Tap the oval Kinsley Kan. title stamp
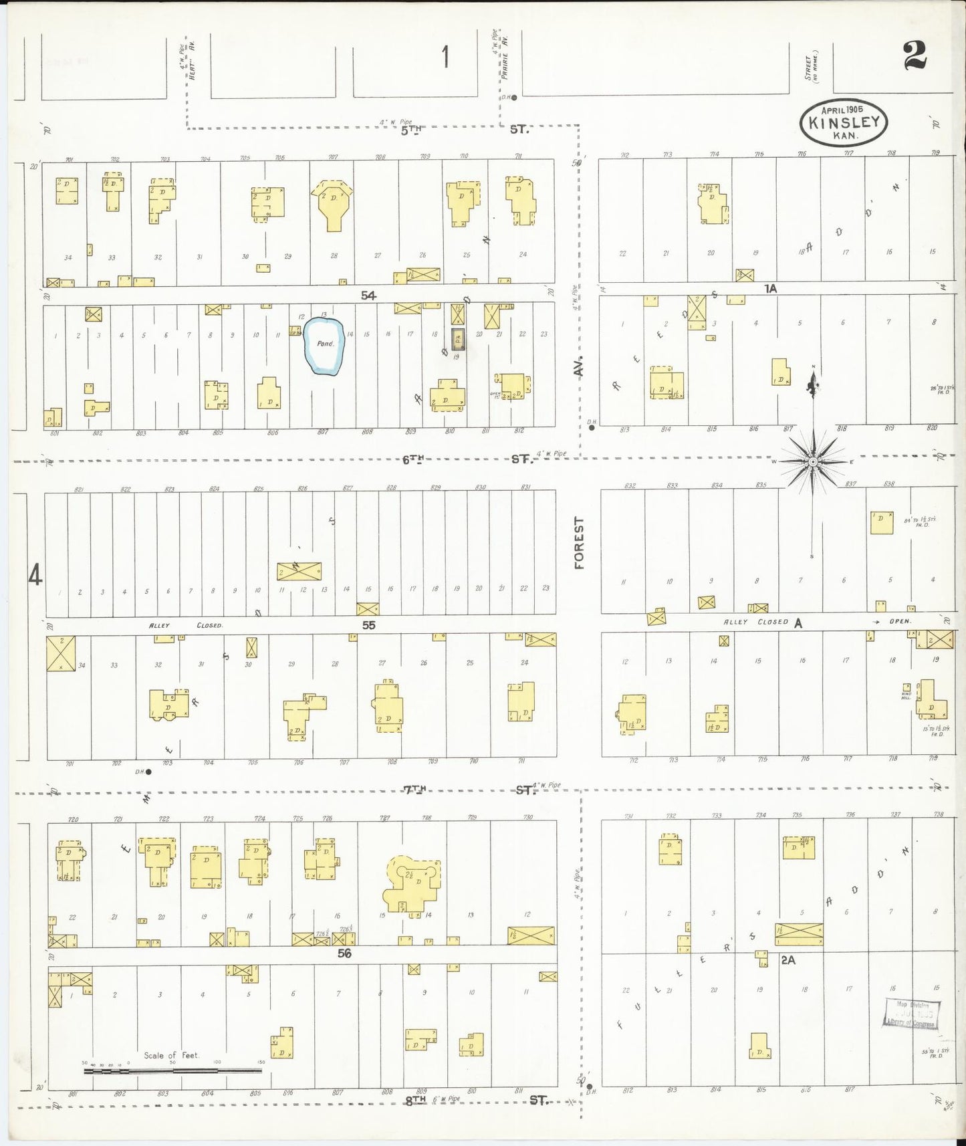coord(844,123)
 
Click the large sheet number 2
coord(915,55)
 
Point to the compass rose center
coord(812,461)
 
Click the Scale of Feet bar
coord(172,1070)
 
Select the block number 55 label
coord(368,625)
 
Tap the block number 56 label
coord(344,953)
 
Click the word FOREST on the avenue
coord(579,542)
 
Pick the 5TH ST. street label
coord(461,129)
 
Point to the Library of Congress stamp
coord(912,1014)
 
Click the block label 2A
coord(788,959)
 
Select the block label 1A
coord(771,288)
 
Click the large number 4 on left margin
coord(35,574)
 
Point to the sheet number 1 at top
coord(445,57)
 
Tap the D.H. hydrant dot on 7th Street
coord(148,772)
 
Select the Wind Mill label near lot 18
coord(907,691)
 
